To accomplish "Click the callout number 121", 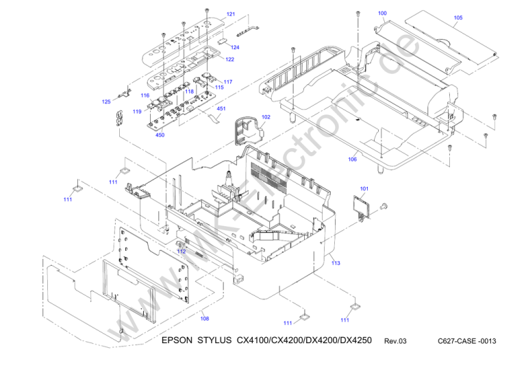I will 231,14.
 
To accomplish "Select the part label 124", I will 235,47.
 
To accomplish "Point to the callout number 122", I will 230,60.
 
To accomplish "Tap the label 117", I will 227,82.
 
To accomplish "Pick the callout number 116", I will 145,95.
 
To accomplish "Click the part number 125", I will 106,102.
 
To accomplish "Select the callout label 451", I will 221,108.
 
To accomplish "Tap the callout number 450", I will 160,135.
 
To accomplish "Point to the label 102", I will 266,117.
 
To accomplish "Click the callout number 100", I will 382,14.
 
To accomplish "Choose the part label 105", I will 458,17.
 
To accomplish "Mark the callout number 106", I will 352,160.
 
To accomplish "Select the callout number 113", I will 336,263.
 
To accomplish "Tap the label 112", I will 181,251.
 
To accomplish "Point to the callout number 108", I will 204,318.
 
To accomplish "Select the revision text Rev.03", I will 395,341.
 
